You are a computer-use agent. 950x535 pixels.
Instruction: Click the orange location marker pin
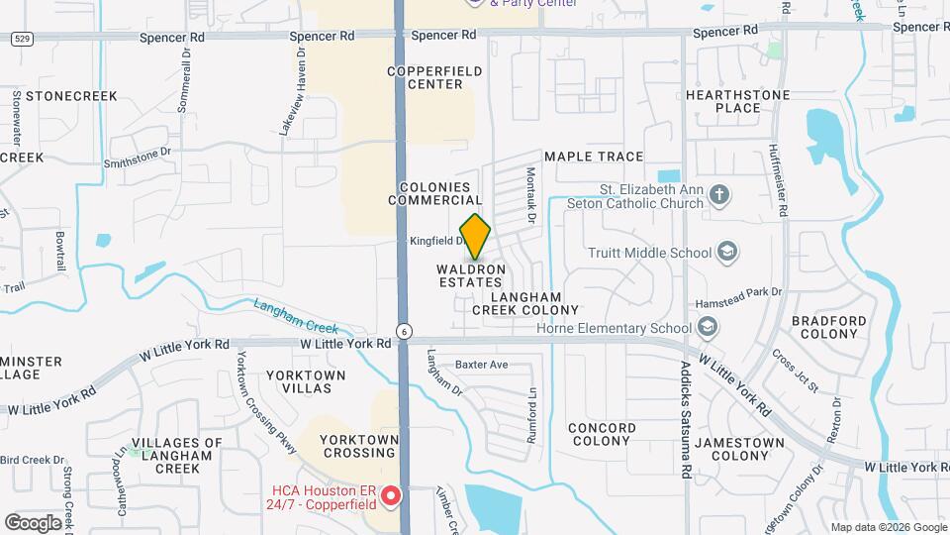coord(475,236)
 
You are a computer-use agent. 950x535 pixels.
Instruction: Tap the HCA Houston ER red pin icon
coord(391,494)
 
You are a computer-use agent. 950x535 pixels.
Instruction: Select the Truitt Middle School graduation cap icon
coord(728,252)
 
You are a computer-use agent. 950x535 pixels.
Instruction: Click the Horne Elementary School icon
coord(708,328)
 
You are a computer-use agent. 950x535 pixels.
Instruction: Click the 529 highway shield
coord(20,38)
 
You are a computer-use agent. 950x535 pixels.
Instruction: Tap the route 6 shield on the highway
coord(404,331)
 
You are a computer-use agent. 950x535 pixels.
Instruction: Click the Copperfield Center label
coord(425,77)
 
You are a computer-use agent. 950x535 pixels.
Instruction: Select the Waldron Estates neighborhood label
coord(471,275)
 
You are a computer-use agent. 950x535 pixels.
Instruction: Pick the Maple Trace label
coord(594,157)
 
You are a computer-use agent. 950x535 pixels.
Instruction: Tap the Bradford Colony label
coord(828,328)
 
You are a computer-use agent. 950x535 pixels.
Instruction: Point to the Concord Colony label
coord(601,434)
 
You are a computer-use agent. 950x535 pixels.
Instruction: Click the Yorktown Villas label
coord(306,382)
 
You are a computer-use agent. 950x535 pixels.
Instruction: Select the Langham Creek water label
coord(296,315)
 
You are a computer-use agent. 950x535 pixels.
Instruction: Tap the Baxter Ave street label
coord(481,365)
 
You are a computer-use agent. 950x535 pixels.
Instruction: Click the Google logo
coord(34,522)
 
